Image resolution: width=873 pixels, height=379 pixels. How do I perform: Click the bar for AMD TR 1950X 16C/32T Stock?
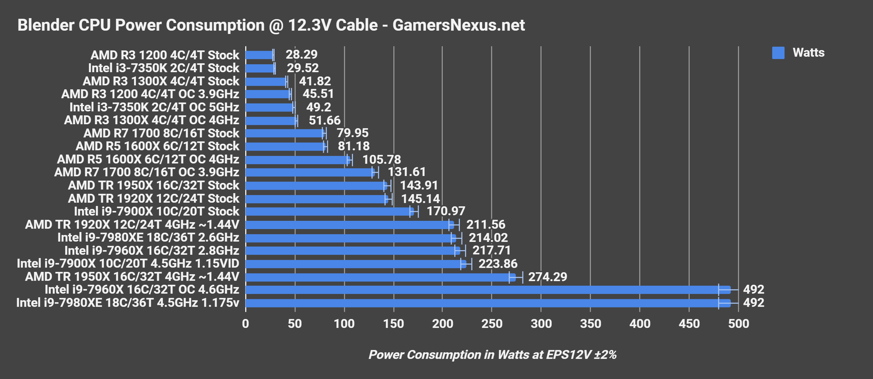pos(315,186)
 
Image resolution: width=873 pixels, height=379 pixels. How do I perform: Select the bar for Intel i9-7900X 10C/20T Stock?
pos(329,211)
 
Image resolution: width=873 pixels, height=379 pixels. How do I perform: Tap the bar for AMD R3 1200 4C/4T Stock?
pos(259,55)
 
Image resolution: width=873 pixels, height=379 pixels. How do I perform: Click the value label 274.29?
pos(547,277)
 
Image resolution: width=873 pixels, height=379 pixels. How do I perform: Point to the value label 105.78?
pos(382,160)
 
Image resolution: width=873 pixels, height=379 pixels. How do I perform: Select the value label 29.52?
pos(303,68)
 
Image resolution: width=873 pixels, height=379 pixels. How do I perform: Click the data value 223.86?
pos(497,264)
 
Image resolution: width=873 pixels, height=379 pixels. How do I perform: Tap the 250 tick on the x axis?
pos(491,324)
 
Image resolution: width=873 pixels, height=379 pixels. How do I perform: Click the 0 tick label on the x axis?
pos(245,324)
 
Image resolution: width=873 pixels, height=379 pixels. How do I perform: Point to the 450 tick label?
pos(689,324)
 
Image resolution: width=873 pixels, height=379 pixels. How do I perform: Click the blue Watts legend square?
pos(778,53)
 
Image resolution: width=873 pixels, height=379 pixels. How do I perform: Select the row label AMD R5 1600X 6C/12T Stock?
pos(157,146)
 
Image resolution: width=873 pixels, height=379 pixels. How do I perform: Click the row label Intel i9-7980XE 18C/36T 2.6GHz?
pos(148,238)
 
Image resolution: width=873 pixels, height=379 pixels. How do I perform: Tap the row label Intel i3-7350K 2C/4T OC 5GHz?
pos(154,107)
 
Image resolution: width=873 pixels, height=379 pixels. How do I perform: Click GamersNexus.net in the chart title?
pos(459,25)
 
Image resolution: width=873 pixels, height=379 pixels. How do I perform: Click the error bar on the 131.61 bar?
pos(375,172)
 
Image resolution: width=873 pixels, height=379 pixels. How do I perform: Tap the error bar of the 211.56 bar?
pos(454,225)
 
